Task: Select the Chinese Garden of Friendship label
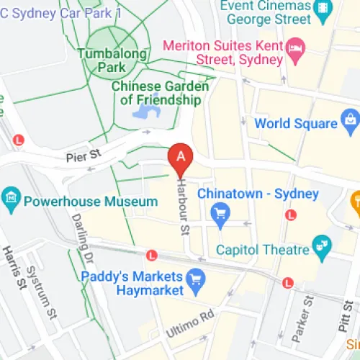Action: point(160,93)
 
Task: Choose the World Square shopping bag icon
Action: point(350,119)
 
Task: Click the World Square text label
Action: point(296,123)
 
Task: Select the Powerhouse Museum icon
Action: point(11,197)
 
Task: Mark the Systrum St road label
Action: point(40,292)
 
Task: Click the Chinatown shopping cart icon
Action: point(221,213)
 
